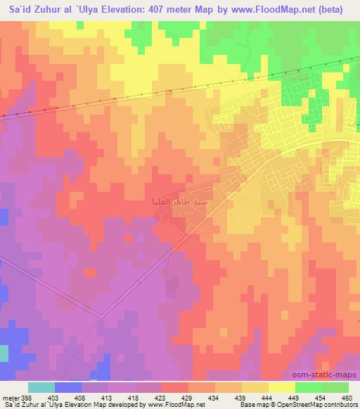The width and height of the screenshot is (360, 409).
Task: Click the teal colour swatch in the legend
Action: point(41,387)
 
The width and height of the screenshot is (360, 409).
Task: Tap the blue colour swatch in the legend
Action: point(68,387)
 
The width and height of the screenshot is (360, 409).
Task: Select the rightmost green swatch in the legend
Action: point(335,387)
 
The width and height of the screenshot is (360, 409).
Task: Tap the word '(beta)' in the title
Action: point(342,9)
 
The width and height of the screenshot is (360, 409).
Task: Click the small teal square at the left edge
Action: point(4,353)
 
